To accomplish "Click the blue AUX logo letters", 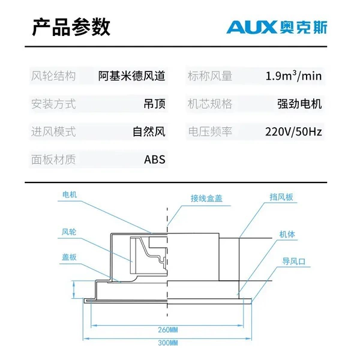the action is tap(252, 27).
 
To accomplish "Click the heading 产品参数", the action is tap(71, 27).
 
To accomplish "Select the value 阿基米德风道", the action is tap(132, 76).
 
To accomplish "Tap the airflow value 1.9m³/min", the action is tap(293, 76).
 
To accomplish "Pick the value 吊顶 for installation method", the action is tap(154, 104).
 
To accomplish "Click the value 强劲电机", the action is tap(299, 104).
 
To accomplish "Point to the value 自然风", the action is tap(149, 132).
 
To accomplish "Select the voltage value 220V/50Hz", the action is tap(293, 132).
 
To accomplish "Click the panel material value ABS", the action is tap(155, 160).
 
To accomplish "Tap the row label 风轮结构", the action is tap(53, 76).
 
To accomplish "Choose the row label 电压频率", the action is tap(210, 132).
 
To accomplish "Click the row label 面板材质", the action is tap(53, 160).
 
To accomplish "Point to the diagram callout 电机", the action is tap(70, 194).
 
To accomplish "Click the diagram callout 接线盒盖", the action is tap(206, 199).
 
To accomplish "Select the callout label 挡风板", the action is tap(281, 197).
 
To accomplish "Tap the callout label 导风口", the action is tap(293, 261).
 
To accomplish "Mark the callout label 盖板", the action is tap(69, 257).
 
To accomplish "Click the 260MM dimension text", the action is tap(168, 330).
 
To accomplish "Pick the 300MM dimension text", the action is tap(168, 343).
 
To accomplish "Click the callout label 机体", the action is tap(287, 235).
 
